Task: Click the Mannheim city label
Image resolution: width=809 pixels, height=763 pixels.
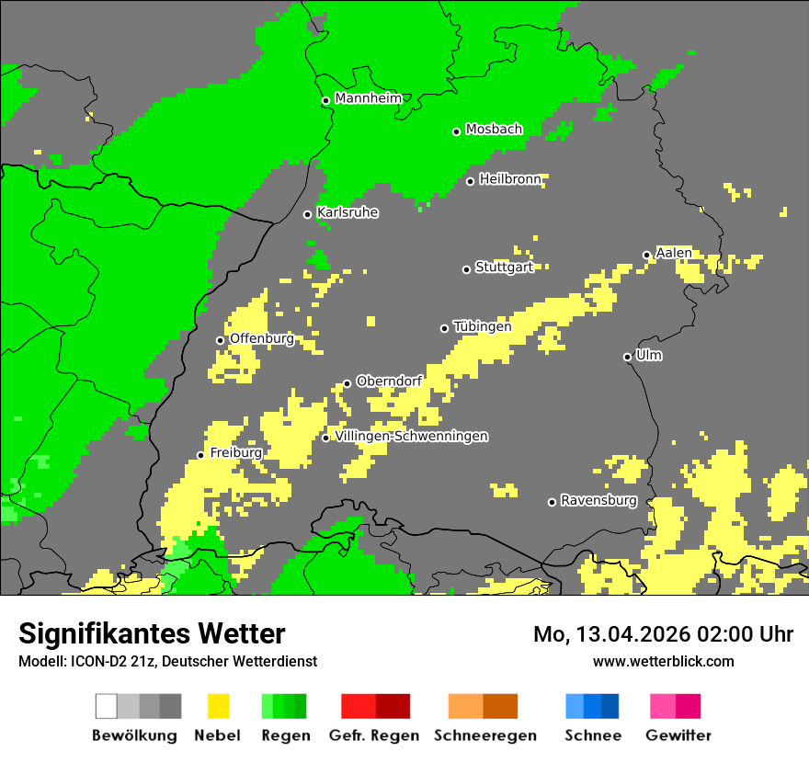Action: click(x=368, y=97)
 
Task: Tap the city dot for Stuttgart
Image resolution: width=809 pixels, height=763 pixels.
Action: click(x=466, y=269)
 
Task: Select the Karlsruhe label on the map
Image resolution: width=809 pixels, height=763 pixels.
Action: click(x=348, y=212)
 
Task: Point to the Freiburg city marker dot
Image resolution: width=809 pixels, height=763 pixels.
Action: click(x=200, y=455)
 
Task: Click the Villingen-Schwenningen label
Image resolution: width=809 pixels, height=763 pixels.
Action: click(x=411, y=436)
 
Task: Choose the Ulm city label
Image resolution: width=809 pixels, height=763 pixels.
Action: click(x=648, y=355)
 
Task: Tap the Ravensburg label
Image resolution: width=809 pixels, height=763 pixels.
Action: click(x=598, y=500)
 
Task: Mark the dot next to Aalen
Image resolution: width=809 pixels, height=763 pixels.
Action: click(x=646, y=255)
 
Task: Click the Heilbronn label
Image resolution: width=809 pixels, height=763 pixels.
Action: click(x=510, y=178)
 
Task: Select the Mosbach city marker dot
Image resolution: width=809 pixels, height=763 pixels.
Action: click(x=456, y=131)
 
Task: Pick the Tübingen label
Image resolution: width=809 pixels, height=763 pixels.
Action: click(x=482, y=326)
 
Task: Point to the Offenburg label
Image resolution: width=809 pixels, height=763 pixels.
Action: click(x=261, y=338)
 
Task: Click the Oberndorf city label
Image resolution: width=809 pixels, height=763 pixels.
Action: click(x=389, y=381)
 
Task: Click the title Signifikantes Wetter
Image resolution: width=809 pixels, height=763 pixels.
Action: click(x=152, y=633)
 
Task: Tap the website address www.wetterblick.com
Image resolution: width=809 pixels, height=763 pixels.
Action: click(x=663, y=661)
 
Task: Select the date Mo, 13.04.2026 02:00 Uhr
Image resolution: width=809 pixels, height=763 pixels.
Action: click(x=663, y=634)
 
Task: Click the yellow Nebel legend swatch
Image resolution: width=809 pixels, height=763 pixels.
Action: click(x=218, y=706)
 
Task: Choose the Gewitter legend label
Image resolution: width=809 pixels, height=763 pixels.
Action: click(x=678, y=735)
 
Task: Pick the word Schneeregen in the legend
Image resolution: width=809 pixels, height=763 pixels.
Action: click(x=484, y=735)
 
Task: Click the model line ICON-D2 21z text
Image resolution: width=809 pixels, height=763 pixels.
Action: click(x=167, y=661)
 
